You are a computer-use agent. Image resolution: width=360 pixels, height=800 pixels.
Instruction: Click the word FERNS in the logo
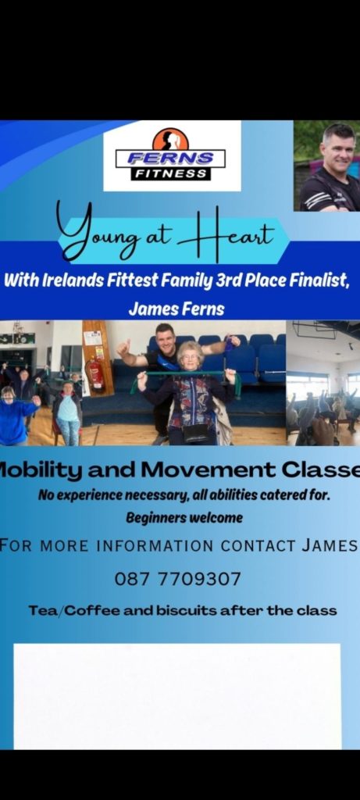click(x=170, y=158)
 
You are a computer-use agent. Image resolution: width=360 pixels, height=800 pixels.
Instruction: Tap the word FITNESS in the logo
click(x=170, y=173)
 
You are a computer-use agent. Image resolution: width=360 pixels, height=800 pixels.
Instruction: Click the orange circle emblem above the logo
click(x=170, y=139)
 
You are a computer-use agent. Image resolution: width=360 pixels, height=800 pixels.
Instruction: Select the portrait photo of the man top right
click(x=327, y=166)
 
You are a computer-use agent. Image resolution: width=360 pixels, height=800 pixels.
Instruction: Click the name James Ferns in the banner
click(x=176, y=309)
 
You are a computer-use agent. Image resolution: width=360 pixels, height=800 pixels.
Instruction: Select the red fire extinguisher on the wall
click(x=94, y=374)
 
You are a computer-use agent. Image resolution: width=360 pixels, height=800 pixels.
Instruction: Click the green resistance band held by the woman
click(x=184, y=377)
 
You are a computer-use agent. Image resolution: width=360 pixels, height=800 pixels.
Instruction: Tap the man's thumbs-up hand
click(x=123, y=348)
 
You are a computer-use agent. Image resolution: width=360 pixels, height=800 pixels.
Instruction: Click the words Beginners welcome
click(x=184, y=519)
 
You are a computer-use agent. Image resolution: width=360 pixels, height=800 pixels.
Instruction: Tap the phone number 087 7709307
click(x=177, y=579)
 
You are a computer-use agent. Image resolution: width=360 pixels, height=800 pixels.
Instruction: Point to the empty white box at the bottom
click(x=177, y=696)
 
